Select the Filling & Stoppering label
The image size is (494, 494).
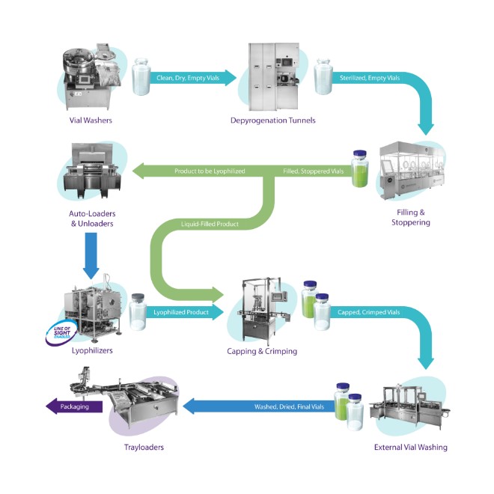[x=410, y=217]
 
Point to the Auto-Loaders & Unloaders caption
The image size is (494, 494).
[x=89, y=219]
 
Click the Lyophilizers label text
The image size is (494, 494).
[x=88, y=348]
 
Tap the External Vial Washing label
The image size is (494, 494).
[x=410, y=448]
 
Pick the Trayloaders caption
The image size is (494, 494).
[x=144, y=448]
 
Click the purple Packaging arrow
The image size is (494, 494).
[x=75, y=407]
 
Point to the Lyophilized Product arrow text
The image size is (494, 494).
[x=181, y=309]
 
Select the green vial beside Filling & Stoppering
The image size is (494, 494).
[x=359, y=170]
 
